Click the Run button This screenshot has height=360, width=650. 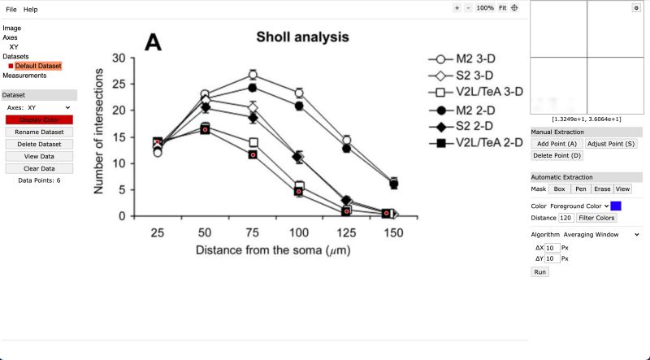tap(539, 272)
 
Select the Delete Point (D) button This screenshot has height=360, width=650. tap(557, 155)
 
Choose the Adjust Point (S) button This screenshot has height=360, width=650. tap(611, 143)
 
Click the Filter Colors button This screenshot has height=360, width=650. tap(597, 218)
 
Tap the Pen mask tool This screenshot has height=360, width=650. tap(580, 189)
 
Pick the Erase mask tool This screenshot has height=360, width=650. tap(602, 189)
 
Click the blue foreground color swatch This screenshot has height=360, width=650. tap(616, 206)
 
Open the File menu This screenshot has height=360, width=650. tap(11, 9)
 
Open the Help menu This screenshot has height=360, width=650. tap(31, 9)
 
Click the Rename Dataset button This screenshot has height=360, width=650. tap(39, 132)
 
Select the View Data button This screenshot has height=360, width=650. tap(39, 156)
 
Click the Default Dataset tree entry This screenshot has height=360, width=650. tap(37, 66)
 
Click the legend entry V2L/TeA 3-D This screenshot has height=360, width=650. tap(488, 92)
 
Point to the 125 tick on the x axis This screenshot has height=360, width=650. tap(346, 232)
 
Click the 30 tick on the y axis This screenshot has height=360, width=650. tap(119, 59)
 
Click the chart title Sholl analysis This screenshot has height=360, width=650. tap(302, 37)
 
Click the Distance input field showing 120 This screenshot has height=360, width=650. tap(566, 218)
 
